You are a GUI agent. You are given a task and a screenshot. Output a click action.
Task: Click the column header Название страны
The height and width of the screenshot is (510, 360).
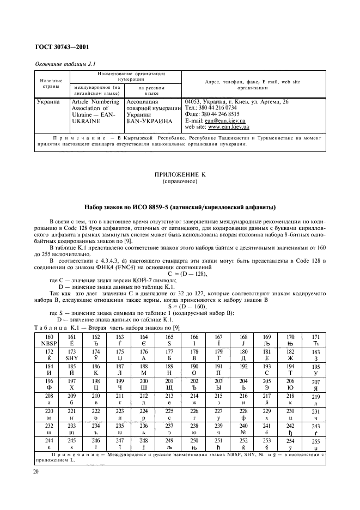pyautogui.click(x=51, y=82)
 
